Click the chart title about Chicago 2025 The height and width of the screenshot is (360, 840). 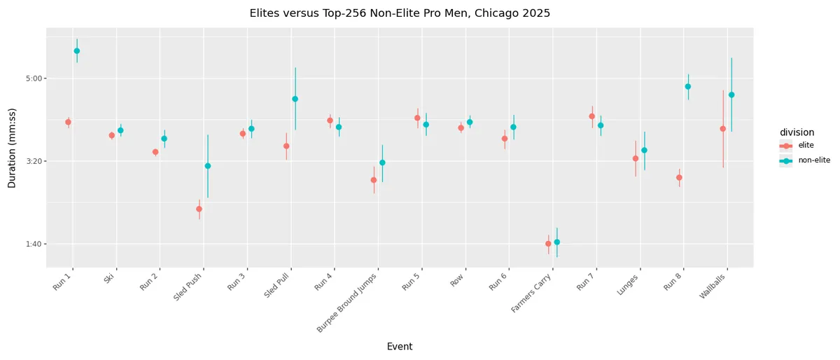400,13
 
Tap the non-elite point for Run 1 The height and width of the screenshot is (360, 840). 77,51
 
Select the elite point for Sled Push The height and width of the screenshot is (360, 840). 199,209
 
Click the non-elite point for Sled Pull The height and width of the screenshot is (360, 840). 295,99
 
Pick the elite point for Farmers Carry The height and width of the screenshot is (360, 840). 548,244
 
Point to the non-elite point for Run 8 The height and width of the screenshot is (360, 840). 688,87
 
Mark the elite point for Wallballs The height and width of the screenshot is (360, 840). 723,129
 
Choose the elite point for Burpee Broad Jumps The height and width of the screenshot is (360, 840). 374,180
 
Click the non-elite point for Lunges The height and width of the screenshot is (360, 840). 645,151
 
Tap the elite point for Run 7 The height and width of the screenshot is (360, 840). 592,116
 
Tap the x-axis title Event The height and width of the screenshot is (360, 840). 400,347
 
